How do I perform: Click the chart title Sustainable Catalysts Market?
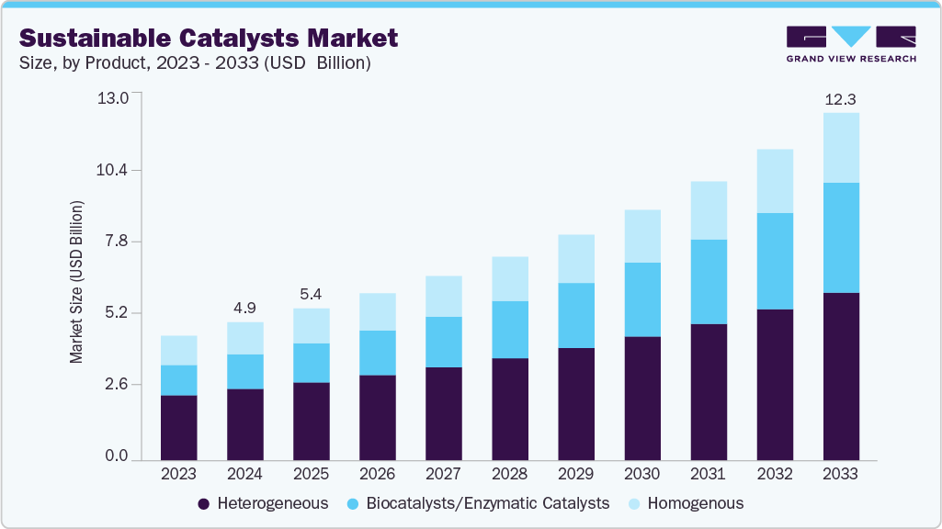tap(209, 38)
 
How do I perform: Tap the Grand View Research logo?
tap(851, 44)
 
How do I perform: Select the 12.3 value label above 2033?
tap(841, 98)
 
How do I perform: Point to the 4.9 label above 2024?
tap(244, 307)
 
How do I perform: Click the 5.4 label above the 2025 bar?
tap(311, 294)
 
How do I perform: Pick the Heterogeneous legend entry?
tap(263, 503)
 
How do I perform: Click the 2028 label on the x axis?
tap(509, 474)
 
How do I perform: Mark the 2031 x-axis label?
tap(708, 474)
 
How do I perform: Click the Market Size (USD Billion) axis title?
tap(77, 280)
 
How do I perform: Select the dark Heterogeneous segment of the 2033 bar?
tap(841, 377)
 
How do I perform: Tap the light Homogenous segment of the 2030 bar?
tap(641, 236)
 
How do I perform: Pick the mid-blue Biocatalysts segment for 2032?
tap(775, 261)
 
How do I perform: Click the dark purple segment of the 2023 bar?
tap(178, 427)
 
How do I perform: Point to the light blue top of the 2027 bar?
tap(443, 296)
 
